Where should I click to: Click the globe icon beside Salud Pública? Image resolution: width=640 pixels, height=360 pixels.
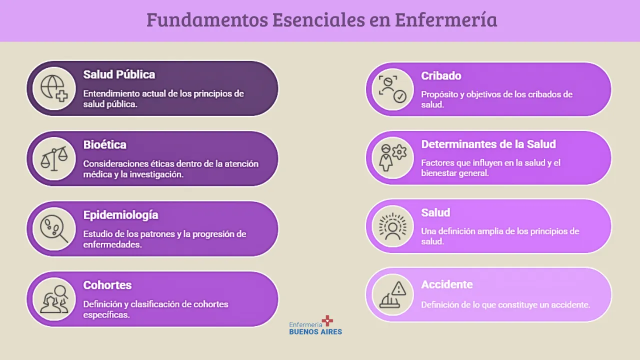[54, 88]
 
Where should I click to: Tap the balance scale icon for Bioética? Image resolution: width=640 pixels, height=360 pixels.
[54, 158]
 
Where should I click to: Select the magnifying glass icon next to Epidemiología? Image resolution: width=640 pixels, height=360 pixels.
[54, 229]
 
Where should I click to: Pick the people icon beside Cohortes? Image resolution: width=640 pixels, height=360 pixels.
[54, 299]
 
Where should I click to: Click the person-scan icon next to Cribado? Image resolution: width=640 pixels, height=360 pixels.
[392, 89]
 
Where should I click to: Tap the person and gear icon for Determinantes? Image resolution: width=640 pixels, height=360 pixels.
[392, 157]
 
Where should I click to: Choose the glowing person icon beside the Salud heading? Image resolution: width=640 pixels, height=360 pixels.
[392, 226]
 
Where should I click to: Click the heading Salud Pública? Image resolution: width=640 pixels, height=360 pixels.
[119, 74]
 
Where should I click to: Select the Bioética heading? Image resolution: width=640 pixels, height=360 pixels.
[104, 144]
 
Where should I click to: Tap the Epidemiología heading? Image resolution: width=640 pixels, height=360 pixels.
[120, 215]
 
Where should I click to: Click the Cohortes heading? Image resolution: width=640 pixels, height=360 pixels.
[107, 285]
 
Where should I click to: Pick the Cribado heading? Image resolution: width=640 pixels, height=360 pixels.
[441, 75]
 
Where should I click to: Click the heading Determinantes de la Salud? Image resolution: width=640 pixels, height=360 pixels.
[488, 144]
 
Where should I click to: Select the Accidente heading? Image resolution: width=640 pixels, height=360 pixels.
[447, 284]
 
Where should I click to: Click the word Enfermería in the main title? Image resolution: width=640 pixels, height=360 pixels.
[446, 19]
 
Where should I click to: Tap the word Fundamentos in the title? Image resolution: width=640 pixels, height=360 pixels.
[207, 19]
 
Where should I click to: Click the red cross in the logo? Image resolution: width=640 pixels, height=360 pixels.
[327, 320]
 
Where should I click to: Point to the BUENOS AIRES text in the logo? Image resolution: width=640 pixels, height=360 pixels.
[315, 331]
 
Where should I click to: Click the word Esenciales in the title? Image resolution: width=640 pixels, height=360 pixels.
[318, 19]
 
